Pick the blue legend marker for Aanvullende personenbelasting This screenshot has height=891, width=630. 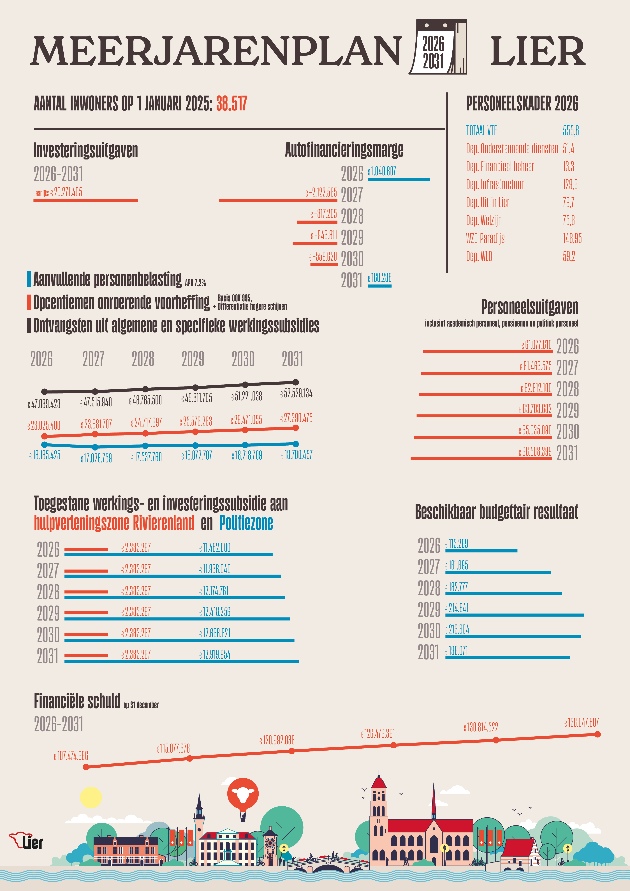29,279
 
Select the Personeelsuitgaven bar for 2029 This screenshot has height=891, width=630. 484,416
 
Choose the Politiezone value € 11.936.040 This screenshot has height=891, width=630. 215,569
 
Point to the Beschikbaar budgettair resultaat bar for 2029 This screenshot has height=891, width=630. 514,615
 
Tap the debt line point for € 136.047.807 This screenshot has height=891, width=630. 597,734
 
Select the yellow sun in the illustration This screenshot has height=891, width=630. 91,797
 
